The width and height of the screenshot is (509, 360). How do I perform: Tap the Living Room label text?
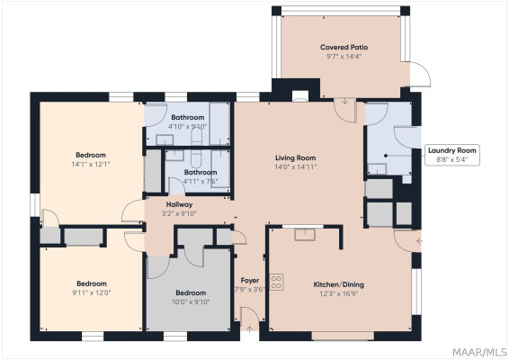(295, 157)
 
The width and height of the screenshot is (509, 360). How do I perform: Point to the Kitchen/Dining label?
(338, 284)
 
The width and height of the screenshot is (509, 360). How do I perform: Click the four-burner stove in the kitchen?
(277, 281)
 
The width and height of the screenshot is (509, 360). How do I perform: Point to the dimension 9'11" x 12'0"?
(92, 291)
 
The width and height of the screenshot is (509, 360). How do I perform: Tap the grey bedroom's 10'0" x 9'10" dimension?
(190, 302)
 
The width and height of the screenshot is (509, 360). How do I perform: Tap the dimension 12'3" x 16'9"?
(338, 295)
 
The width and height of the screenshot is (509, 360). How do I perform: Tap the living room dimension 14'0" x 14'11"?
(295, 167)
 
